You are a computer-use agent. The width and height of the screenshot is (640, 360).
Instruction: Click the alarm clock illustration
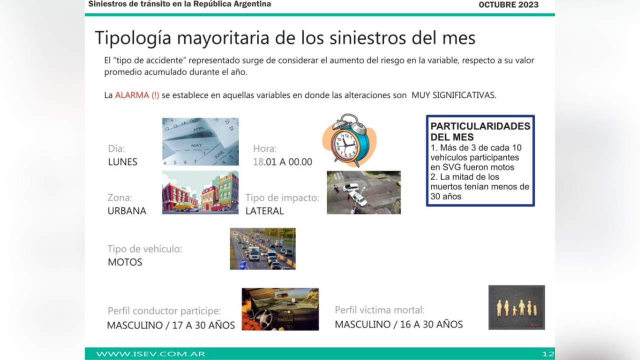(x=349, y=140)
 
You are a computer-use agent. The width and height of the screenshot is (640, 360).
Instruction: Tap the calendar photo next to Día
(x=200, y=141)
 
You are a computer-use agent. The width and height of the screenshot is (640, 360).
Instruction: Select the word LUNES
(x=122, y=162)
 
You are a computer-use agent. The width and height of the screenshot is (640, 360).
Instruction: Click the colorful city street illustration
(x=200, y=192)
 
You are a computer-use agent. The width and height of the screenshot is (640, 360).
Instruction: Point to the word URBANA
(x=127, y=211)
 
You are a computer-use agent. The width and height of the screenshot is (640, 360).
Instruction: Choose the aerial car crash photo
(x=363, y=192)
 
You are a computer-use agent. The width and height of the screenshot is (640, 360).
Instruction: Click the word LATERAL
(x=264, y=211)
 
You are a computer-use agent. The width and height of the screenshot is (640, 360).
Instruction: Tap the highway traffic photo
(x=262, y=248)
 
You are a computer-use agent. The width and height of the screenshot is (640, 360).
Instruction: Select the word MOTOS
(x=125, y=262)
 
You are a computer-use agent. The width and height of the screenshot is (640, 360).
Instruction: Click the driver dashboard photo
(x=280, y=309)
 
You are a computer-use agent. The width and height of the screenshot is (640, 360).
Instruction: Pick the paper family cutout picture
(x=516, y=307)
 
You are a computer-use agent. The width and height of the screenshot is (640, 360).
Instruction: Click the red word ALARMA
(x=132, y=95)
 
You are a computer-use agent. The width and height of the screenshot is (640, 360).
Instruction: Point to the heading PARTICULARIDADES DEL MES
(x=480, y=131)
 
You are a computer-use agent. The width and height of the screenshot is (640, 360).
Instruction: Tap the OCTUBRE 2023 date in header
(x=508, y=5)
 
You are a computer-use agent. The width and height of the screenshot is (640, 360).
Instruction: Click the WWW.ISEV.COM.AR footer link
(x=150, y=354)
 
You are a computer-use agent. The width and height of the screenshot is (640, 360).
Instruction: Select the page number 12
(x=548, y=354)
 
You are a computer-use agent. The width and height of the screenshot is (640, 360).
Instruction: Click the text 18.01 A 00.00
(x=282, y=162)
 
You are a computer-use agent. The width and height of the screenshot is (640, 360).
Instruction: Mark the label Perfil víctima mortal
(x=379, y=310)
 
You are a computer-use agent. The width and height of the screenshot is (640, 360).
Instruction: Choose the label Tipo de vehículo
(x=145, y=249)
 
